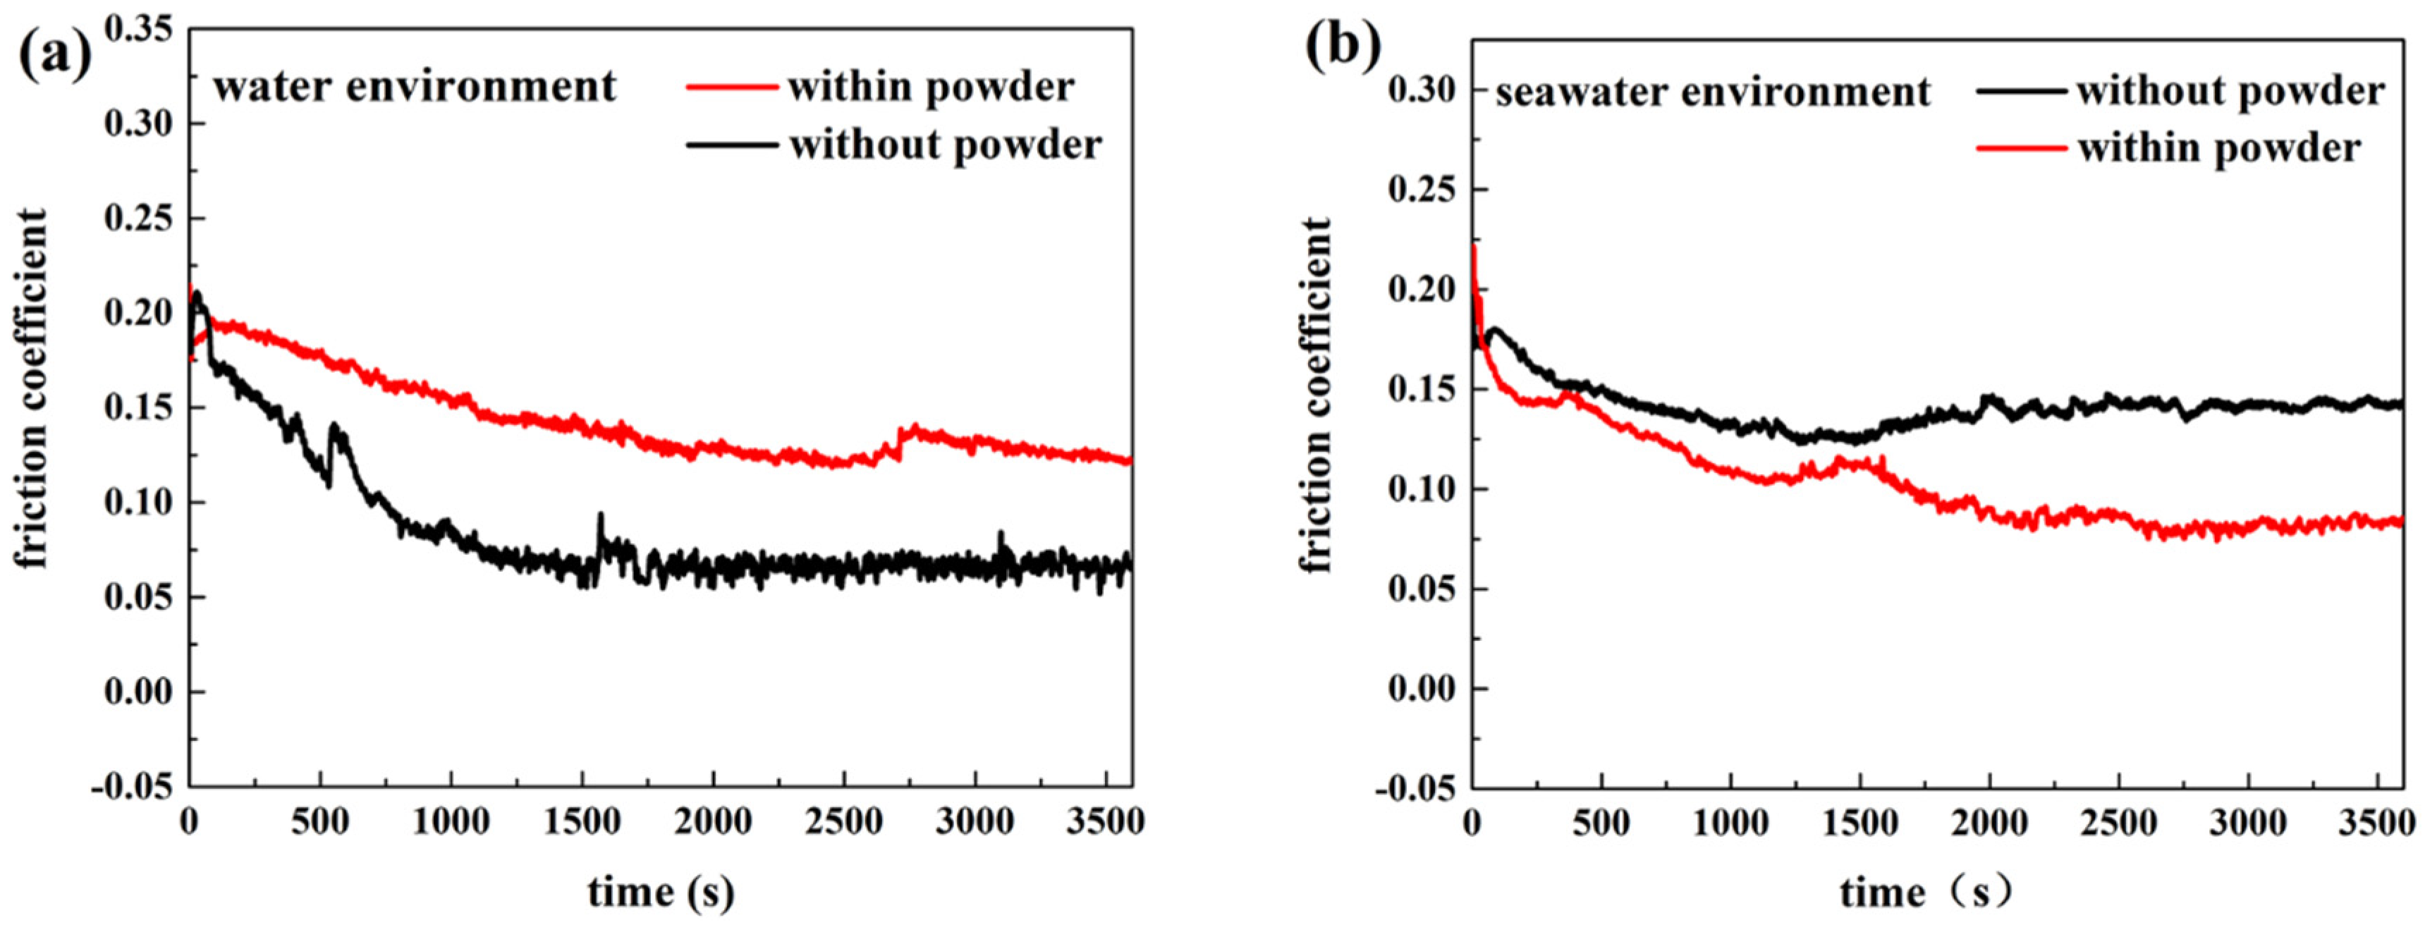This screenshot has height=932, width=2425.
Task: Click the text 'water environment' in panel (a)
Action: pos(414,87)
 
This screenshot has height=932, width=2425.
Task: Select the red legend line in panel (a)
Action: pos(733,87)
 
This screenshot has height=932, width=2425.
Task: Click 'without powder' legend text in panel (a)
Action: pos(945,145)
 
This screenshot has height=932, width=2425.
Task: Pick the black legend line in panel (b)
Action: pos(2024,92)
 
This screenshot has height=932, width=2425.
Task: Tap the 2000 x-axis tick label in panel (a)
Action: pos(713,823)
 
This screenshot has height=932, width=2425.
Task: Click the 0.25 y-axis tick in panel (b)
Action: pos(1422,189)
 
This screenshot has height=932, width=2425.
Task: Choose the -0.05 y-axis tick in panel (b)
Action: pos(1417,789)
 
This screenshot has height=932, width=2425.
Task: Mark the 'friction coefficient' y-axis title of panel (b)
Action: pos(1316,396)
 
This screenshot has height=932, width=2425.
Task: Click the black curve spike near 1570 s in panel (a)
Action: pos(599,517)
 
